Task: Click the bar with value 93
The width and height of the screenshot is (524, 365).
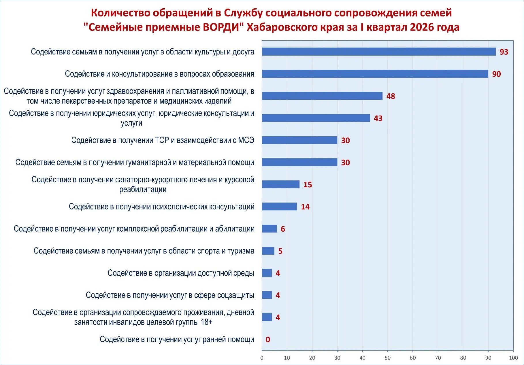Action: [x=378, y=52]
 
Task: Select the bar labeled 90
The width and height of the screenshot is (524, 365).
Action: [x=375, y=74]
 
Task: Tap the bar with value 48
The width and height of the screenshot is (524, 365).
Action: [x=322, y=96]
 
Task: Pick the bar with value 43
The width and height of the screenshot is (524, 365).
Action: [x=316, y=118]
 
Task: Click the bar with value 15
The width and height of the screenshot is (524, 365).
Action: [x=280, y=184]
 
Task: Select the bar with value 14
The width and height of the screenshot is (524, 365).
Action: [x=279, y=207]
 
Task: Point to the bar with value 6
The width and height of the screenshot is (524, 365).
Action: [x=269, y=229]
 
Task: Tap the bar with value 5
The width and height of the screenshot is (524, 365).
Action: [x=268, y=251]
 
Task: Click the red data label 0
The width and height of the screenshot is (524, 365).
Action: [x=268, y=340]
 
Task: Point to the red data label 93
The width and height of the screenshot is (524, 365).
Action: [x=504, y=52]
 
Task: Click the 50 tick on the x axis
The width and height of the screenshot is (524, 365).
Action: [x=387, y=358]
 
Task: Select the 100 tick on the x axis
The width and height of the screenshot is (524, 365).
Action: [x=513, y=358]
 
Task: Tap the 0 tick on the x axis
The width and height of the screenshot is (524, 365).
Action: [x=262, y=358]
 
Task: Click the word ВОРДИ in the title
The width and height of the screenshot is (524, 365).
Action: [x=221, y=27]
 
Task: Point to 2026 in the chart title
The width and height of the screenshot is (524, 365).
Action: [x=422, y=27]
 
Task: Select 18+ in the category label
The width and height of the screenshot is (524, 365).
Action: [x=206, y=322]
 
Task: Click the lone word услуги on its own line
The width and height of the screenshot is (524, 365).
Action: [x=131, y=123]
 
